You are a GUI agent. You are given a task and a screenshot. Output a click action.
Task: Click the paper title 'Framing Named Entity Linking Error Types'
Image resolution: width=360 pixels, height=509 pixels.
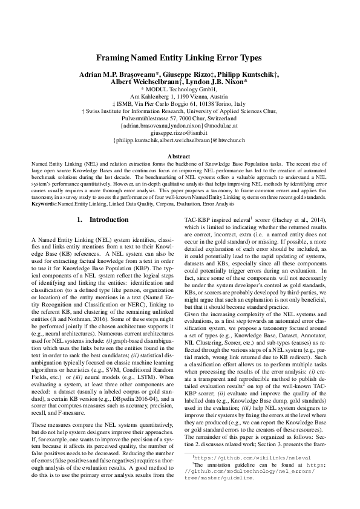pos(180,58)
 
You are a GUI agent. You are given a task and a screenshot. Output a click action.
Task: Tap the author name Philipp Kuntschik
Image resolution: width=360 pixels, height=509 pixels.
pos(253,73)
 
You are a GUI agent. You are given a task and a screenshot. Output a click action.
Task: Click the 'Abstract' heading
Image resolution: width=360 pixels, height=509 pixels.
pos(180,157)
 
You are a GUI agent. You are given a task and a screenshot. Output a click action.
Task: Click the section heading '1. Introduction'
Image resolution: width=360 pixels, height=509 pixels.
pos(100,219)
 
